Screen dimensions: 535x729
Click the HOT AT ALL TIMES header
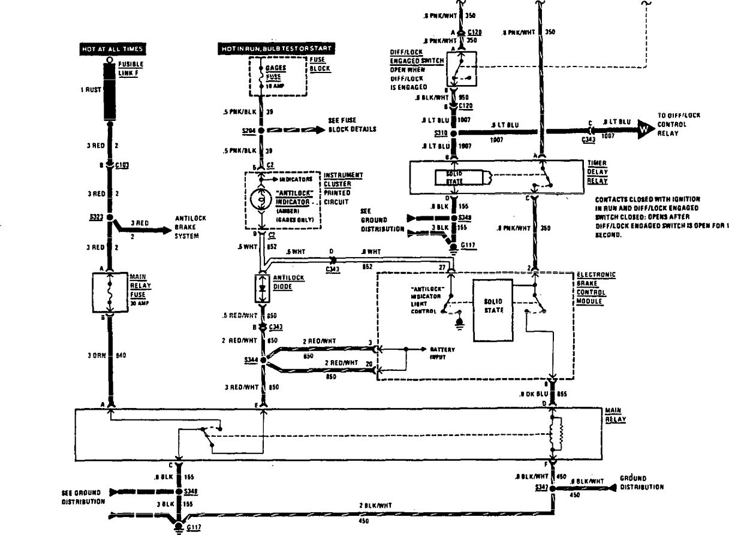coord(113,48)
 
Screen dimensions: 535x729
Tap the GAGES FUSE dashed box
coord(278,77)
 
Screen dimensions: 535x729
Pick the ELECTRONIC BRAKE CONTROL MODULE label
coord(596,288)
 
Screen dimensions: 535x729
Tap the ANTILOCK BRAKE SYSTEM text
coord(190,226)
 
